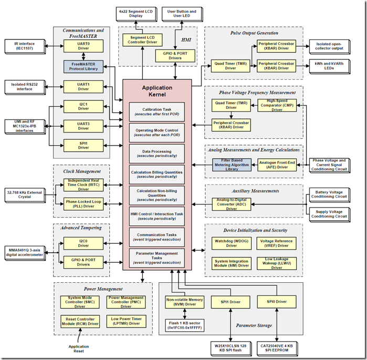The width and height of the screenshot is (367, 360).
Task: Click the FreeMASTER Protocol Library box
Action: pyautogui.click(x=83, y=67)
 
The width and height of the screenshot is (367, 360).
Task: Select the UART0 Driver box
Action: pyautogui.click(x=83, y=46)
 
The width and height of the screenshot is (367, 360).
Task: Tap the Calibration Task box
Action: pyautogui.click(x=157, y=112)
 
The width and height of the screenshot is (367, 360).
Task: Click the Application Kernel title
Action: pyautogui.click(x=157, y=91)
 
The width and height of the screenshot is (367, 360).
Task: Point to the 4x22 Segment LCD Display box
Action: pyautogui.click(x=136, y=14)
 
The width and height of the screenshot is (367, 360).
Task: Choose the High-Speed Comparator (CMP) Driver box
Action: pyautogui.click(x=277, y=105)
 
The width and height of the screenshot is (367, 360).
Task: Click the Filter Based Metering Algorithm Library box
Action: pyautogui.click(x=232, y=164)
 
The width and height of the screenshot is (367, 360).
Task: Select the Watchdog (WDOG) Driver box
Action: pyautogui.click(x=232, y=243)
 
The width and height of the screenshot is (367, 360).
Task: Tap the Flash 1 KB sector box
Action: pyautogui.click(x=185, y=325)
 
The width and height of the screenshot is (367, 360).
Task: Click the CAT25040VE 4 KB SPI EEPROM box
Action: pyautogui.click(x=277, y=348)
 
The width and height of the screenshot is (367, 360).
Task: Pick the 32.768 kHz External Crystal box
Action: pyautogui.click(x=25, y=195)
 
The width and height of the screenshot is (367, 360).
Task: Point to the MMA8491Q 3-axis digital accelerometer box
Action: pyautogui.click(x=25, y=253)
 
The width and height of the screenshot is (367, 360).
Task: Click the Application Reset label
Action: pyautogui.click(x=79, y=349)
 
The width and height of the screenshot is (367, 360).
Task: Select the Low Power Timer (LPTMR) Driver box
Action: pyautogui.click(x=126, y=321)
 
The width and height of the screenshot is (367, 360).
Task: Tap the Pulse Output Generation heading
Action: pyautogui.click(x=254, y=33)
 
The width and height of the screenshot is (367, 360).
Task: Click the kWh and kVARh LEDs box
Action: pyautogui.click(x=329, y=66)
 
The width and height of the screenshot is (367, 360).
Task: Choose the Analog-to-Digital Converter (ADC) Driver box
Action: pyautogui.click(x=232, y=204)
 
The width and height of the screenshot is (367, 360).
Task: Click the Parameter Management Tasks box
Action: pyautogui.click(x=157, y=258)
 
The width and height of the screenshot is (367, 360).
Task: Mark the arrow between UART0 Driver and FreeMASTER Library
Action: pyautogui.click(x=83, y=56)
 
